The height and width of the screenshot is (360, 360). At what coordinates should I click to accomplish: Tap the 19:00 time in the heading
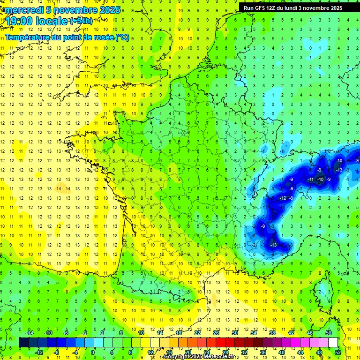click(x=19, y=21)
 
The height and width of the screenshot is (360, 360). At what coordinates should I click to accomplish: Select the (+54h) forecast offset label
click(x=81, y=21)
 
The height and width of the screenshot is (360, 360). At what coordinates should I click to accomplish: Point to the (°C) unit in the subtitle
click(x=122, y=37)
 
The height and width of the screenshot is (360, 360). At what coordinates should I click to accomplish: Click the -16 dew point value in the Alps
click(x=321, y=180)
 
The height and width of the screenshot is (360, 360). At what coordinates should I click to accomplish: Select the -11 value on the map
click(x=311, y=180)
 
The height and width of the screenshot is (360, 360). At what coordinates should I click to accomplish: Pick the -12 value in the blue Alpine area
click(x=283, y=198)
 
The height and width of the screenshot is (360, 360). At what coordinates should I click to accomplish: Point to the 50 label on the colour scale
click(x=328, y=332)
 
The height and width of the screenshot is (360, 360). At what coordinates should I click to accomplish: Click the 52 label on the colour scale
click(x=337, y=352)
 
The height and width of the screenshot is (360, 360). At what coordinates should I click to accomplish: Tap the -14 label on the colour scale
click(x=30, y=332)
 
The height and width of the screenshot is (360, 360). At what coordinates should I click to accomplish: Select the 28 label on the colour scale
click(x=225, y=352)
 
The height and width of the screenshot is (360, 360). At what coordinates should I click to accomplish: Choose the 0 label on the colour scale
click(x=93, y=352)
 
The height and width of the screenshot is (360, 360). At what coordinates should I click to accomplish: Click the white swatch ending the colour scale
click(x=333, y=342)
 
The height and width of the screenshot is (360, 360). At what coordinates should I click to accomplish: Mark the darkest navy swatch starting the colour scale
click(x=23, y=342)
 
